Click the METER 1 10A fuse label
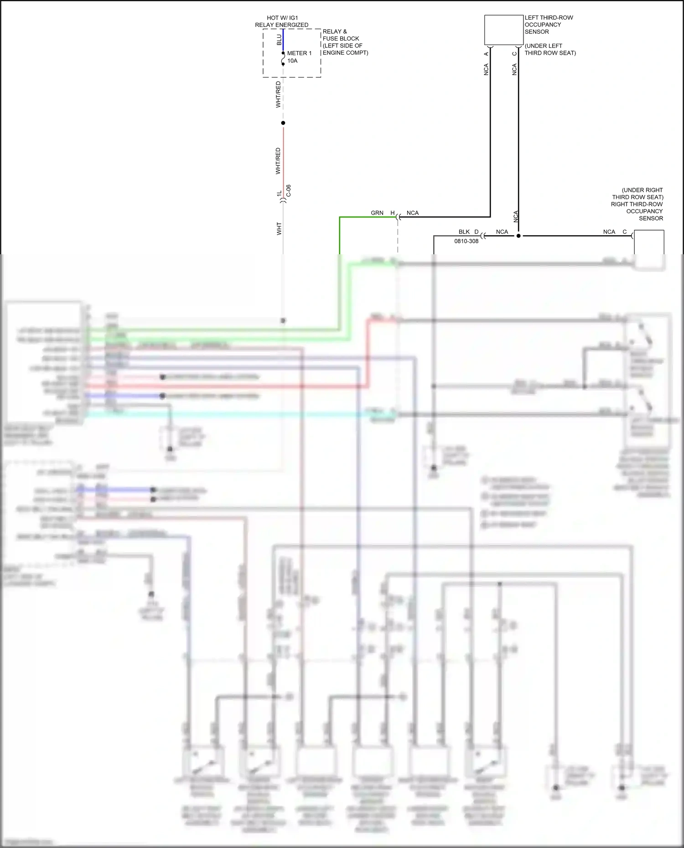299,57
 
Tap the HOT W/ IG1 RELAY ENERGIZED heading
282,21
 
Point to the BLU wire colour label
279,40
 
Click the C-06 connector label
289,191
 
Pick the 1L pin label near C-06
279,194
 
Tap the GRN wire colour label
377,213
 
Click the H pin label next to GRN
392,213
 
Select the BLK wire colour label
464,232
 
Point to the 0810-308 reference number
466,241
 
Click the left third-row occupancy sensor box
503,30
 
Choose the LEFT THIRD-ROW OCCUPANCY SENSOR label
549,25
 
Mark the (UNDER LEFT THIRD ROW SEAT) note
550,49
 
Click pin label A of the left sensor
486,54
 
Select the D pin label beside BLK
477,232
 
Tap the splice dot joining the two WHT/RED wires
283,123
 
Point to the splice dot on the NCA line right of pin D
518,236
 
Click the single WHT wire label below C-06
279,229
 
